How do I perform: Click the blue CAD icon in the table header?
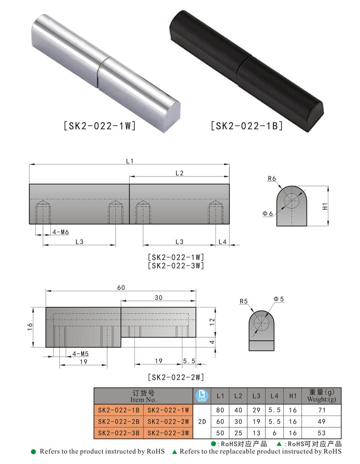coord(202,396)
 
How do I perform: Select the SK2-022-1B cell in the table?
coord(119,410)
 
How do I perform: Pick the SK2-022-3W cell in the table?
coord(168,433)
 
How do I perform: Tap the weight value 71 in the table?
coord(322,410)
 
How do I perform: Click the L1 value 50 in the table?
coord(220,433)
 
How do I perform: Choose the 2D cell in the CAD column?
coord(202,422)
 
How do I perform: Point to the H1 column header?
coord(292,396)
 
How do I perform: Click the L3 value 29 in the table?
coord(256,410)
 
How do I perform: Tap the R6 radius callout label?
coord(272,178)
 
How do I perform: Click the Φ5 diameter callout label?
coord(278,299)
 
